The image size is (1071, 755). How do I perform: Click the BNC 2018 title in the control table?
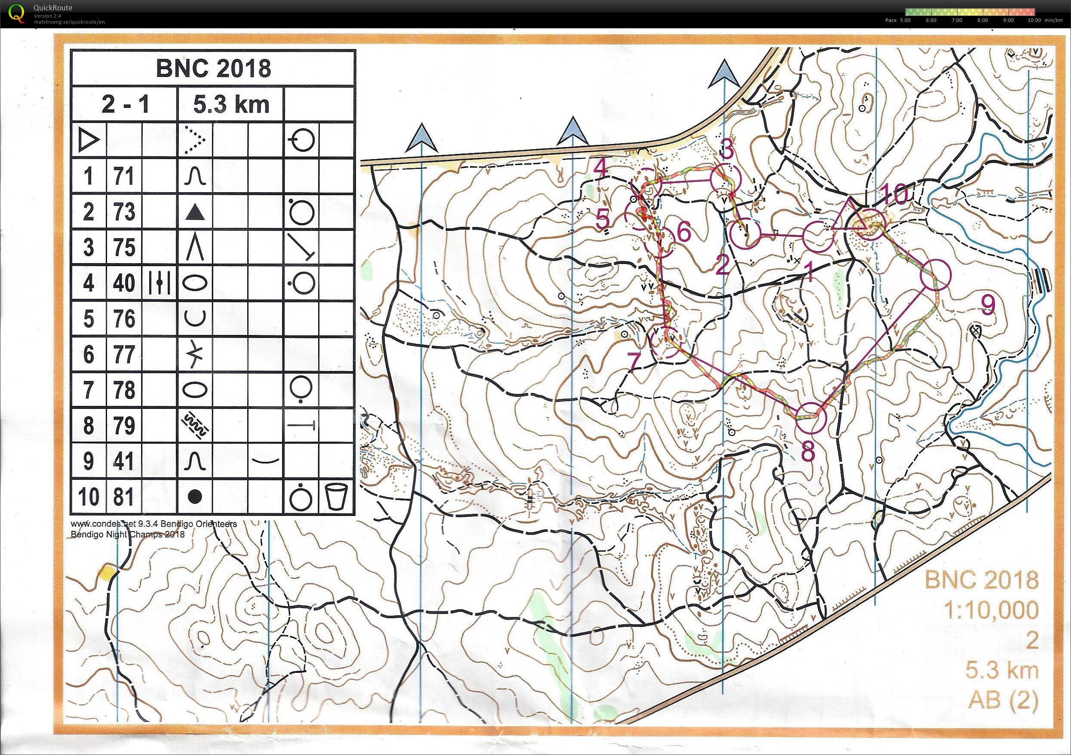[213, 68]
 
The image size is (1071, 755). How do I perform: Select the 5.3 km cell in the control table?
[231, 104]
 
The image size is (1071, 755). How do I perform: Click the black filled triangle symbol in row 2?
[195, 213]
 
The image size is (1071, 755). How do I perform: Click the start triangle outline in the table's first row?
[89, 140]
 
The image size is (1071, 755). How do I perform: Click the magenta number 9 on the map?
[988, 304]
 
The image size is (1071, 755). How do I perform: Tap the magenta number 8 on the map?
[808, 450]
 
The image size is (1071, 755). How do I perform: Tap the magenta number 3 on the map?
[726, 150]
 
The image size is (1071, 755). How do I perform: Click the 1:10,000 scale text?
[991, 610]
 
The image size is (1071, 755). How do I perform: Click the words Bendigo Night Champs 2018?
[128, 534]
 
